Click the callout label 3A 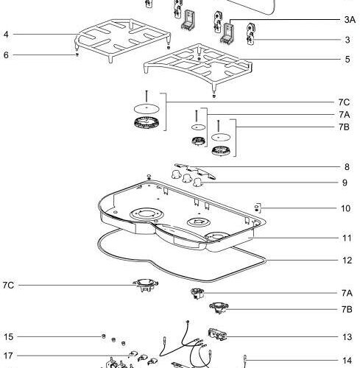point(350,20)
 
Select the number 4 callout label point(6,35)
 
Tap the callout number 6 point(6,55)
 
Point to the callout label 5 point(347,60)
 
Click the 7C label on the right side point(344,102)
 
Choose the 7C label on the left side point(8,286)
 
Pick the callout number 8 point(347,167)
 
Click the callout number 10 point(345,208)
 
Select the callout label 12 point(347,261)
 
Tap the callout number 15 point(8,337)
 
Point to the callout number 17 point(8,355)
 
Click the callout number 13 point(347,337)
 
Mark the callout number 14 point(347,361)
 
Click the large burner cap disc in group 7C point(147,108)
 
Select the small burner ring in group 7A point(198,141)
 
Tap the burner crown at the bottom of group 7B point(221,150)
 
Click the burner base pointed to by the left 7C point(146,285)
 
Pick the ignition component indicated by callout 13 point(217,334)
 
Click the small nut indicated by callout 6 point(77,54)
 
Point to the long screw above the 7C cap point(147,96)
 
